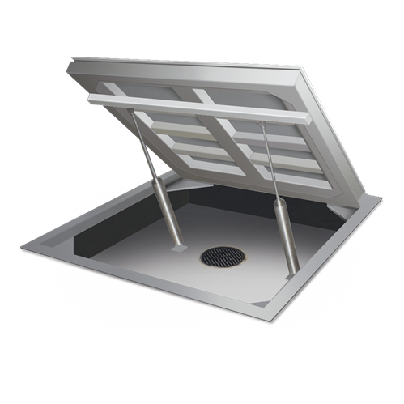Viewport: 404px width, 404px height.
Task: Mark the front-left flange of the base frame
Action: (x=121, y=280)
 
